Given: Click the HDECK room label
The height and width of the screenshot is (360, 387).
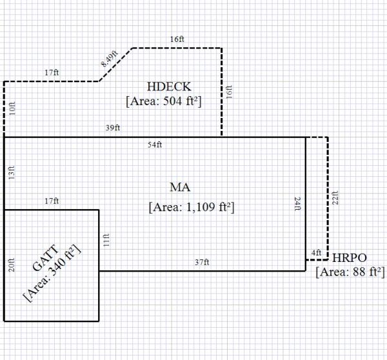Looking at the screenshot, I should coord(169,87).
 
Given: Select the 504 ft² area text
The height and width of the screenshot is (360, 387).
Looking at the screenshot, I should coord(164,101).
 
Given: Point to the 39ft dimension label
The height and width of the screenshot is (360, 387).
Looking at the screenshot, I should coord(113,128).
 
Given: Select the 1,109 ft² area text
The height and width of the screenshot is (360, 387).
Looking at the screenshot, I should coord(191,207).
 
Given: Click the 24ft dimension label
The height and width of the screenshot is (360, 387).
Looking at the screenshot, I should coord(297,205).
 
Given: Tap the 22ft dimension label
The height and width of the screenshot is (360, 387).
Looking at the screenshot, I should coord(335,198).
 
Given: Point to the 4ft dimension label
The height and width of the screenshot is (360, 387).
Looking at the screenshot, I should coord(316,252).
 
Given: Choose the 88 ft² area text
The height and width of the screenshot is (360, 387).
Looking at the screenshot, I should coord(350,271).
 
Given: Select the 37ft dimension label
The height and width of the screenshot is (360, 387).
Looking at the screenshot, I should coord(201,262).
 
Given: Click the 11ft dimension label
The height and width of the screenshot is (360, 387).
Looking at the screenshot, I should coord(108,240).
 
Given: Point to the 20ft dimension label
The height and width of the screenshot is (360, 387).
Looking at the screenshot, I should coord(12,265).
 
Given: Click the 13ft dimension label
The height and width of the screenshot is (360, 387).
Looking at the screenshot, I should coord(12,173).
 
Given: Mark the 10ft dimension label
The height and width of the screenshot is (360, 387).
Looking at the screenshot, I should coord(12,109).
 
